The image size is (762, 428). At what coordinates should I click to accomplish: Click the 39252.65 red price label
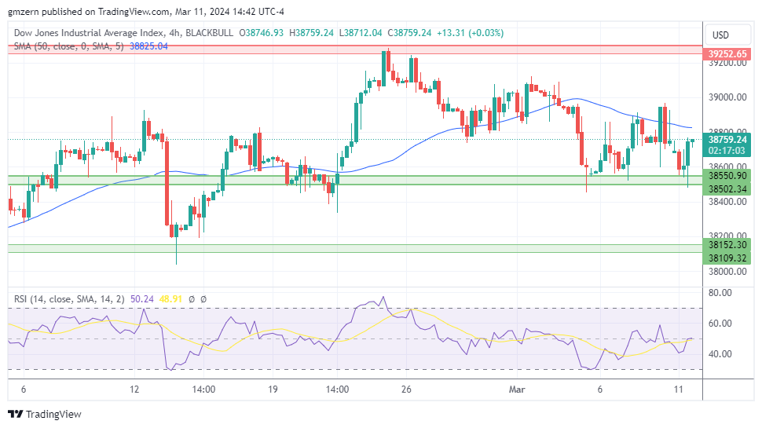(x=727, y=54)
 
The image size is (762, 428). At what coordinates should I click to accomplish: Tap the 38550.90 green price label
(x=727, y=176)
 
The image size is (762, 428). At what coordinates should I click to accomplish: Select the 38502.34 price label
(x=727, y=189)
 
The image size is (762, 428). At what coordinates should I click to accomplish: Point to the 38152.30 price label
(x=727, y=244)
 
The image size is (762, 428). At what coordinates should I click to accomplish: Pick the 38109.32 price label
(x=727, y=258)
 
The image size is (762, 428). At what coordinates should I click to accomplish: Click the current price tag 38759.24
(x=727, y=138)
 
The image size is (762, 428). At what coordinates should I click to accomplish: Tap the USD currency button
(x=720, y=35)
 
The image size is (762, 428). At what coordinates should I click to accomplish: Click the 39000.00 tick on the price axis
(x=727, y=97)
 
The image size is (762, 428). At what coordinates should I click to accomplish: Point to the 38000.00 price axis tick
(x=727, y=271)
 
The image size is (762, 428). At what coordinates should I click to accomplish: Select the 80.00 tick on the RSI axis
(x=720, y=292)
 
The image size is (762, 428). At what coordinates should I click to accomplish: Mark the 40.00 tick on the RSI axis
(x=720, y=353)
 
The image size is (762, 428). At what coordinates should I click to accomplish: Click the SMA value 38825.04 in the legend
(x=148, y=46)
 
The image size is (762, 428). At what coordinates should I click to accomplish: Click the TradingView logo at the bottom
(x=45, y=414)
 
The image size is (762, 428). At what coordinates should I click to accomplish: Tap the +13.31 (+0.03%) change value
(x=471, y=33)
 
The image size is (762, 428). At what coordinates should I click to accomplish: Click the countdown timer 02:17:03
(x=727, y=149)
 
